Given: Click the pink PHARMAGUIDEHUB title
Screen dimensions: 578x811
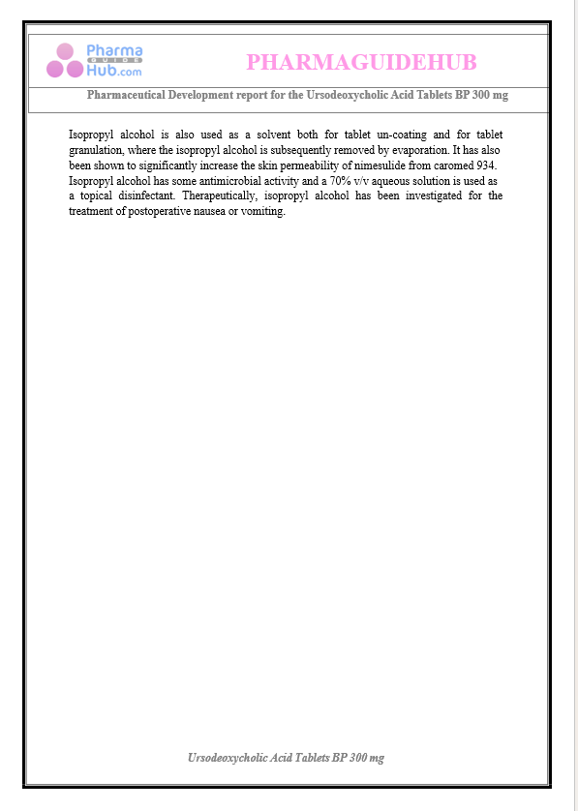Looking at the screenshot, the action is click(361, 63).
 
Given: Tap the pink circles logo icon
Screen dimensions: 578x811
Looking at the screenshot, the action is click(65, 61).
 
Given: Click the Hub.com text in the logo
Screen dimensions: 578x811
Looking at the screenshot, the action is click(113, 71).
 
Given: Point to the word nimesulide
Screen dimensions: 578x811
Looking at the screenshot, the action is click(368, 165).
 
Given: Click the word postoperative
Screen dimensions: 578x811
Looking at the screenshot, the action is click(157, 212).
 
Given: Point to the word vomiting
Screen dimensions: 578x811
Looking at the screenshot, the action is click(261, 212).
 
